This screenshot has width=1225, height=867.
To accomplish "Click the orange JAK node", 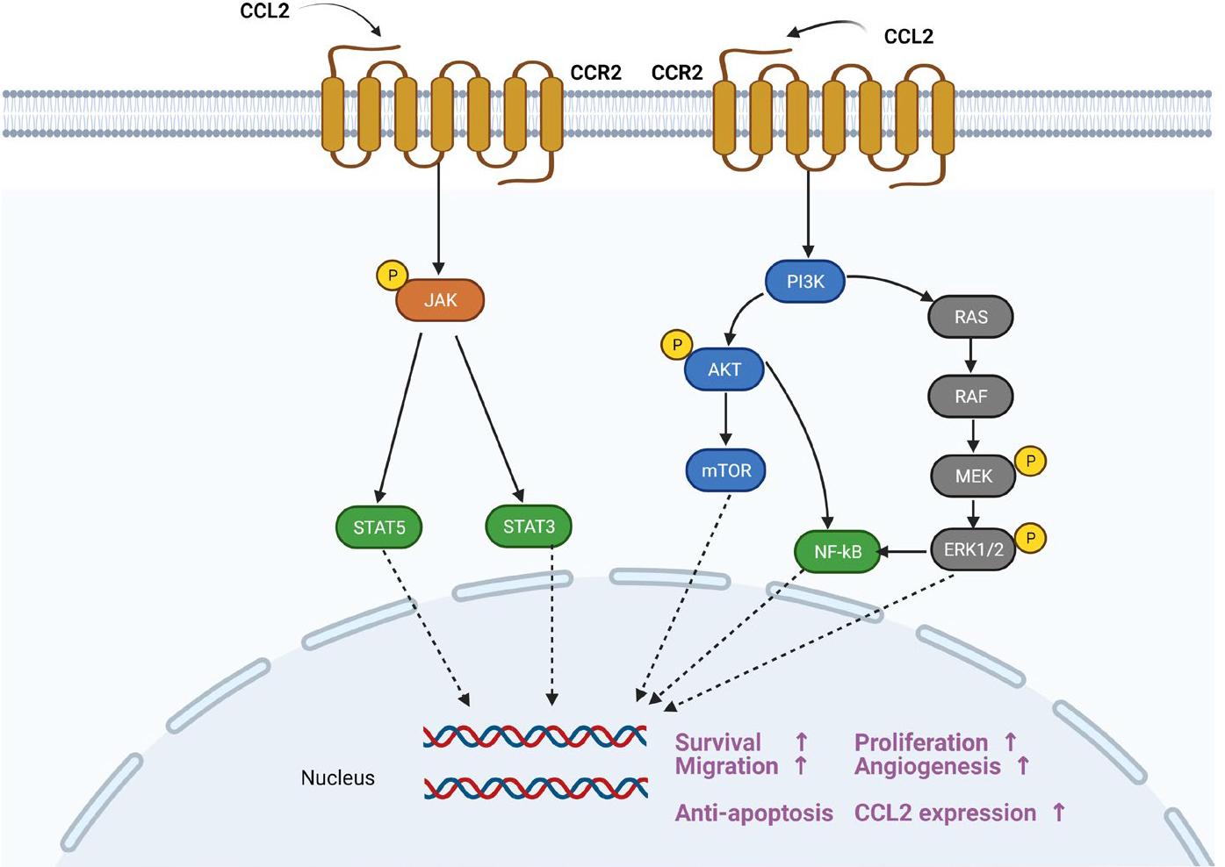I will [x=440, y=300].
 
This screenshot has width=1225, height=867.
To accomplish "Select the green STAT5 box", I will [x=379, y=527].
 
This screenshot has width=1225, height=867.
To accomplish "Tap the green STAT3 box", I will [x=529, y=527].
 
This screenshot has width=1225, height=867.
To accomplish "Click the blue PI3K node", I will [x=805, y=282].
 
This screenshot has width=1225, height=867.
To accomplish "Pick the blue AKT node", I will [x=724, y=369].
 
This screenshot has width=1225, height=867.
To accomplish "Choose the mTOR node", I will [x=726, y=470].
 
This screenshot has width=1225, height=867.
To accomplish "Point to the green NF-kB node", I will [x=837, y=552].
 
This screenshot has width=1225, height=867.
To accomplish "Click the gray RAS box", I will [x=970, y=317].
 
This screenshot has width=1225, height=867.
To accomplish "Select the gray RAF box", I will [x=970, y=397].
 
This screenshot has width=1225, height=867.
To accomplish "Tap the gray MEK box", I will [x=973, y=476].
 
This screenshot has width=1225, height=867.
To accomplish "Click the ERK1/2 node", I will [x=973, y=549].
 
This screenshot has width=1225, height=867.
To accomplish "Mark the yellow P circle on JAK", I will [x=392, y=276].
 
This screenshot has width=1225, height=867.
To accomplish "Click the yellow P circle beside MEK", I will [x=1030, y=461].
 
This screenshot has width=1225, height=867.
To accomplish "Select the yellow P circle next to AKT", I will [x=676, y=345].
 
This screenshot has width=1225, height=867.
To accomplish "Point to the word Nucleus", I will [x=337, y=778].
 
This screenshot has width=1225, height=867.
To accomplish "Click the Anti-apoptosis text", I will [x=753, y=813].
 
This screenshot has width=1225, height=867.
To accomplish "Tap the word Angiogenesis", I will [x=927, y=766].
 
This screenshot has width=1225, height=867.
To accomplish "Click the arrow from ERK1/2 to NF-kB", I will [x=904, y=551].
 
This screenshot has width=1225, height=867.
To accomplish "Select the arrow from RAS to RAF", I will [x=970, y=356].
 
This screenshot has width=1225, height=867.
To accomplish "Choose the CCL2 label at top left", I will [x=264, y=11].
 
